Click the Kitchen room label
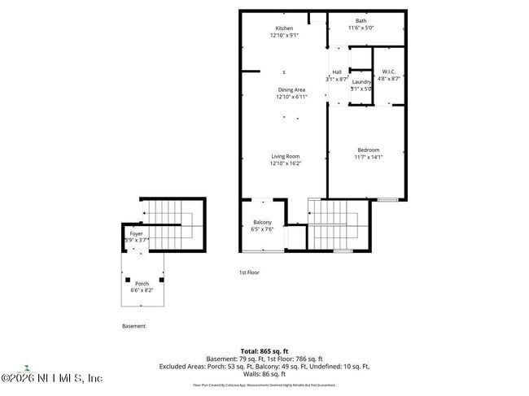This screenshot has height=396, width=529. [x=283, y=28]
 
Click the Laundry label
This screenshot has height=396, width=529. [x=361, y=81]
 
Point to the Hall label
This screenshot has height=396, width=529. [x=336, y=72]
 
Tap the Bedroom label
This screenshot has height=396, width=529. [x=368, y=150]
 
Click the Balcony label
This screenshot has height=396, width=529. [x=262, y=222]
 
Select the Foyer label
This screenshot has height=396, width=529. [x=136, y=233]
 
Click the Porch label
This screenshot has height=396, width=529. [x=142, y=283]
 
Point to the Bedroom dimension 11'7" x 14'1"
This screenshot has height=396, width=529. [x=368, y=157]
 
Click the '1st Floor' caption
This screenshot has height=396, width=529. [x=249, y=272]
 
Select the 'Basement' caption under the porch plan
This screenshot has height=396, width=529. [x=134, y=326]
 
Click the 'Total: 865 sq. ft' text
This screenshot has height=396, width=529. [x=264, y=350]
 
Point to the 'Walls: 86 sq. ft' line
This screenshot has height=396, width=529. [x=264, y=375]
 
